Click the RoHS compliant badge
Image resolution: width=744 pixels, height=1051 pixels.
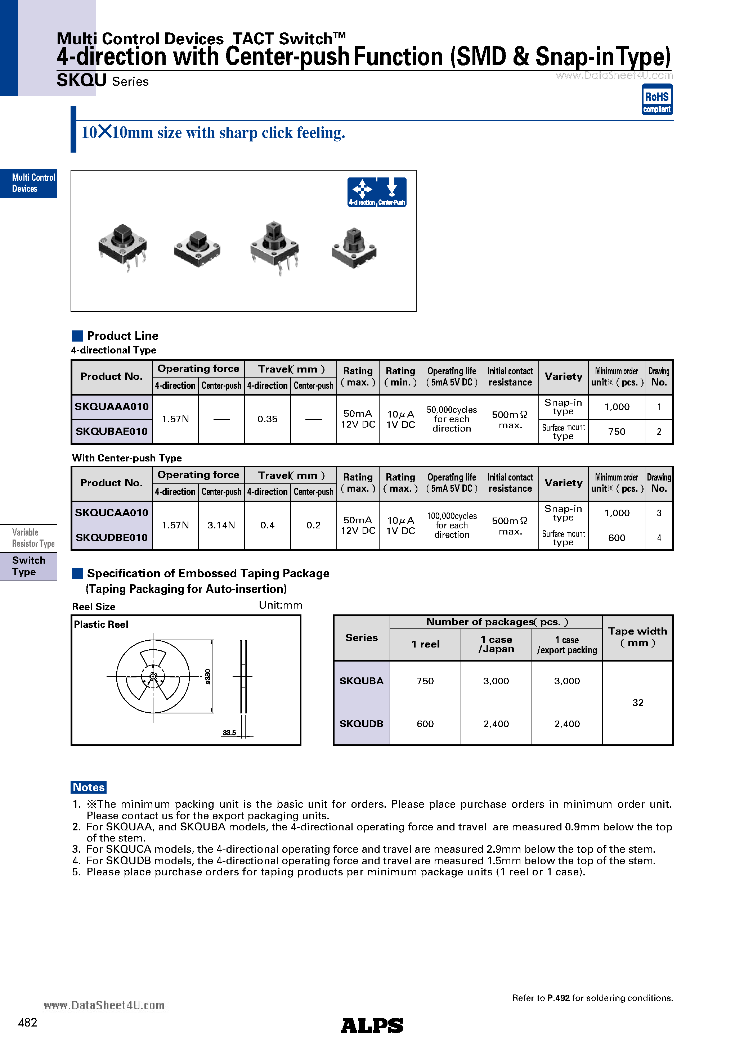(x=656, y=99)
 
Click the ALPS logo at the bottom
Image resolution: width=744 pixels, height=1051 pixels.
(x=372, y=1025)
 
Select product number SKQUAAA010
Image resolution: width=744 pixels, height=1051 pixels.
(x=111, y=406)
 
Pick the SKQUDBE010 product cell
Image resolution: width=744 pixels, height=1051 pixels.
(x=111, y=537)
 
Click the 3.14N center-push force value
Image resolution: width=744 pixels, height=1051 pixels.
(x=221, y=525)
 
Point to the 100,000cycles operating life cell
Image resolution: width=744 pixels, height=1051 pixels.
(x=451, y=525)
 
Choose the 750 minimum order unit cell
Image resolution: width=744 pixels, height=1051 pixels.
(x=616, y=431)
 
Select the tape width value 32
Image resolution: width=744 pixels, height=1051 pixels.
(x=637, y=703)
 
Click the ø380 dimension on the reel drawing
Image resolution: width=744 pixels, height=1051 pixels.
(x=208, y=677)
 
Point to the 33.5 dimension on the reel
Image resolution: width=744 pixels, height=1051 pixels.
(x=229, y=732)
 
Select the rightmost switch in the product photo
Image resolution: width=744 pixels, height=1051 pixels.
(x=354, y=249)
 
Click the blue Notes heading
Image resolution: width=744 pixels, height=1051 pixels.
(x=89, y=787)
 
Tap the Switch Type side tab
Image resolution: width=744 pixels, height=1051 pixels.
(x=28, y=566)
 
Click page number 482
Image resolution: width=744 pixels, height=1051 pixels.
(x=27, y=1022)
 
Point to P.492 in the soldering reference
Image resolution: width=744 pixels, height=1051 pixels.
(x=558, y=998)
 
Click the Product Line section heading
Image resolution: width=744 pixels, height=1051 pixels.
(x=122, y=335)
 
